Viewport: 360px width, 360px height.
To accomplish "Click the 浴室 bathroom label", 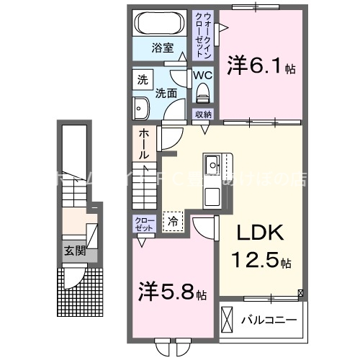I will click(x=163, y=48).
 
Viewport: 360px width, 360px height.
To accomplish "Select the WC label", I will click(x=202, y=74).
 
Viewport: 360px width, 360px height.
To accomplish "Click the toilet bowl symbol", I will click(x=202, y=91).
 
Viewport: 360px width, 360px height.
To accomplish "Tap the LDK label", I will click(x=258, y=233).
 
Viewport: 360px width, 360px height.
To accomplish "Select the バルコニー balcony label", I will click(x=270, y=318).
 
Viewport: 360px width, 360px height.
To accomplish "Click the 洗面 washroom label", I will click(x=166, y=93).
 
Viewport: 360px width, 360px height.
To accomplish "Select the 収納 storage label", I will click(x=202, y=114).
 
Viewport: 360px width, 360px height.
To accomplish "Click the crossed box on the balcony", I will click(x=228, y=318).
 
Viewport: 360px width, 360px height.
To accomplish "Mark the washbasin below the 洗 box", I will click(x=140, y=108).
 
